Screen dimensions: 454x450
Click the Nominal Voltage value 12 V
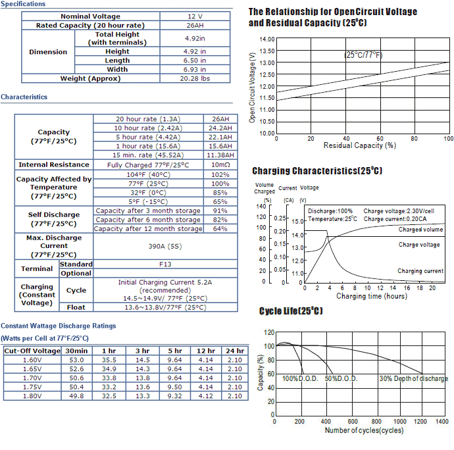[195, 16]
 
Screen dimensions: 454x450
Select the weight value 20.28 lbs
[195, 78]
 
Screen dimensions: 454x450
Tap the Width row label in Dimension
[117, 70]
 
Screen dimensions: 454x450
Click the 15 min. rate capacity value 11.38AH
[220, 155]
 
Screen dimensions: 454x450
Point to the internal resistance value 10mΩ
[220, 164]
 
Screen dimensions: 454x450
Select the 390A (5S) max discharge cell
[165, 247]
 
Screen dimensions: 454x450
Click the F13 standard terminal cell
[165, 264]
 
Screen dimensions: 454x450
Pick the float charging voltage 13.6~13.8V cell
[165, 307]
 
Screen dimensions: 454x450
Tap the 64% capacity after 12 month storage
[220, 229]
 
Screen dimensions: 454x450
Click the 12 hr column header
[206, 351]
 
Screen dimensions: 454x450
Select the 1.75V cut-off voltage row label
[32, 387]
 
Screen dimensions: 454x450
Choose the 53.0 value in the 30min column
[76, 360]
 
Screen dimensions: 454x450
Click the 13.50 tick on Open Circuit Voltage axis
[267, 51]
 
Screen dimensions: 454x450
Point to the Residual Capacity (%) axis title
[360, 145]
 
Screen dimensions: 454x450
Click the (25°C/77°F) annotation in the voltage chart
[363, 55]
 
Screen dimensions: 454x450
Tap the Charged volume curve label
[420, 230]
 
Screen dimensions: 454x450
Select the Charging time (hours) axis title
[372, 296]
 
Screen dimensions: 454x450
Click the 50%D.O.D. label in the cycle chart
[341, 378]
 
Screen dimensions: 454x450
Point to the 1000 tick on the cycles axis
[399, 422]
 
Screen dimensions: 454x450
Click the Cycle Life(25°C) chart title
[291, 311]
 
